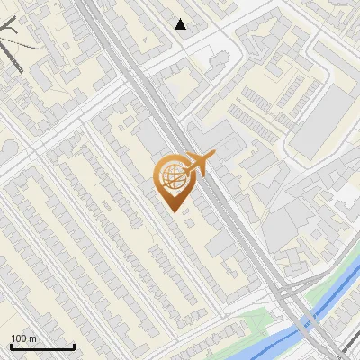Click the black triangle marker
(181, 24)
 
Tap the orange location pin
(175, 180)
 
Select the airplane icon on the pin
(193, 165)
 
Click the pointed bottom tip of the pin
(175, 210)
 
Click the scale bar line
(42, 346)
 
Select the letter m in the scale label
(32, 338)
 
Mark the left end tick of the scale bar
(12, 345)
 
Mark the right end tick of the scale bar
(74, 345)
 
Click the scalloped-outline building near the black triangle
(218, 59)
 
